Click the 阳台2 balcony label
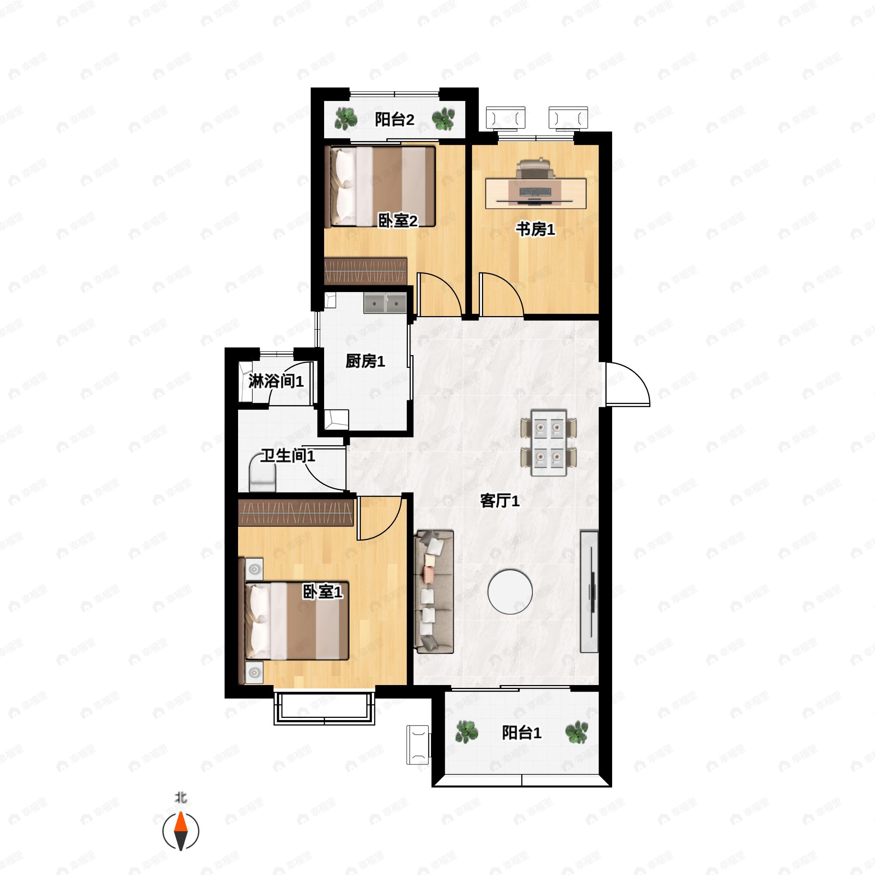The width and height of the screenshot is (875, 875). [x=394, y=120]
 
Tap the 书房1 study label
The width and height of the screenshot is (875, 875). [x=535, y=229]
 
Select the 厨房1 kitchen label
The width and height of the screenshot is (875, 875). [x=365, y=361]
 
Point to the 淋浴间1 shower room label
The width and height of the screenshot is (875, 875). [x=276, y=381]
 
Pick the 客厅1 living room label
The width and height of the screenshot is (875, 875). [x=499, y=501]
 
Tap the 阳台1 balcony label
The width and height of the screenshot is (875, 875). [x=521, y=732]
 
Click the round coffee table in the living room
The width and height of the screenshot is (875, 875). [x=510, y=591]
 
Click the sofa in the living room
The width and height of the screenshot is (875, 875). [x=434, y=591]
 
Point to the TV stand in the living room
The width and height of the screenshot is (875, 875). [x=589, y=591]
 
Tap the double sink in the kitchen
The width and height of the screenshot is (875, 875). [x=385, y=303]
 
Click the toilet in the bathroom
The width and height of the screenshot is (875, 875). [x=262, y=475]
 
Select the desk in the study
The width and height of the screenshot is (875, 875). [x=536, y=193]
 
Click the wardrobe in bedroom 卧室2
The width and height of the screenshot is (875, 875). [x=365, y=271]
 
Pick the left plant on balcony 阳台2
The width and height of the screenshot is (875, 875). [x=346, y=119]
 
